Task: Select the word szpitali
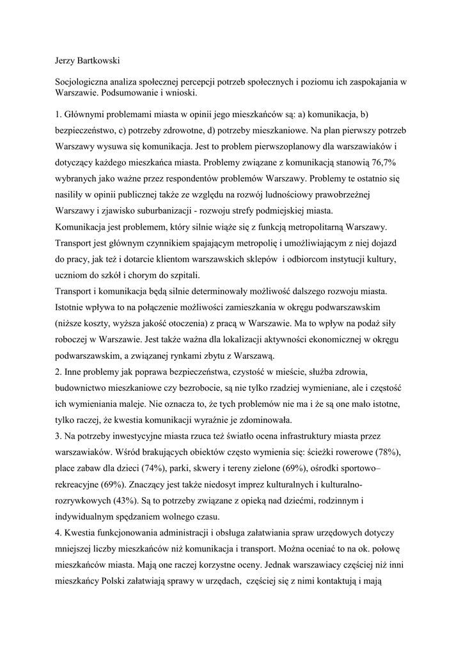182,276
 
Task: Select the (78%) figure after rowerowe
388,452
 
